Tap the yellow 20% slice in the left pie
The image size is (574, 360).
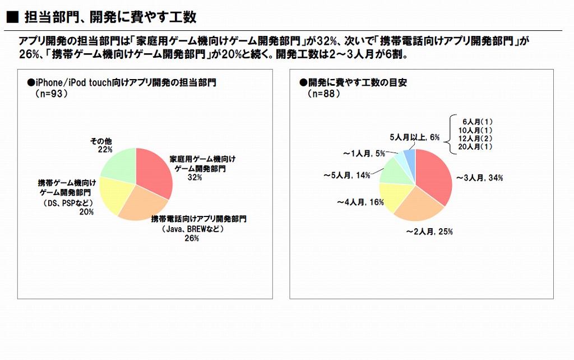[x=115, y=196]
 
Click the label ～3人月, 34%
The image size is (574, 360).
[x=479, y=178]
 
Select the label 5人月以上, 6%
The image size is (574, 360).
[x=415, y=137]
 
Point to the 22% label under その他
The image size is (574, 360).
[x=104, y=150]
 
